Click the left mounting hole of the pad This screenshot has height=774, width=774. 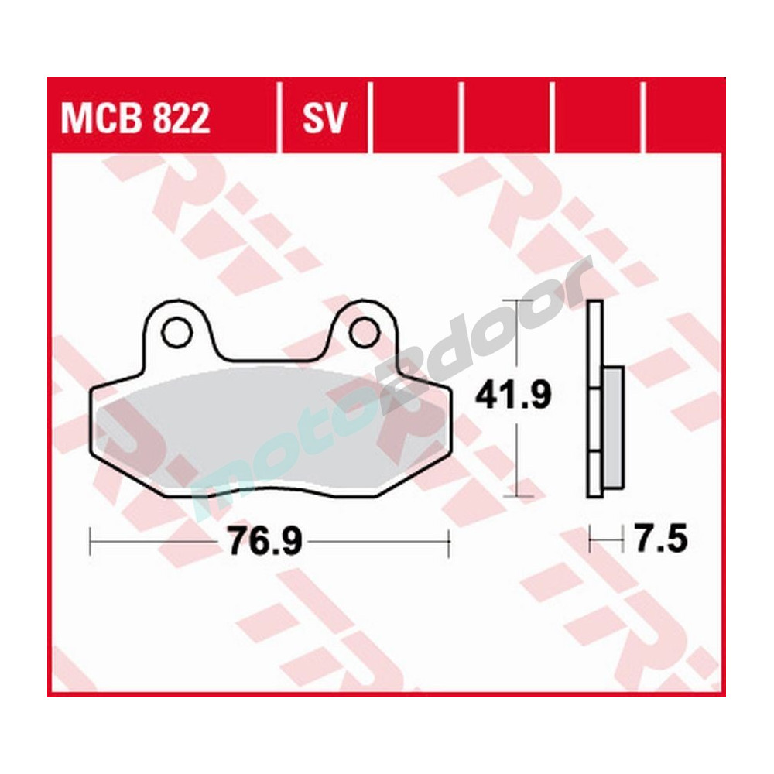176,332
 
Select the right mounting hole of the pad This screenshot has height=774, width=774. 362,332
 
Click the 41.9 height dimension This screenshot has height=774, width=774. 512,396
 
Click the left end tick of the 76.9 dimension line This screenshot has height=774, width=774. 91,541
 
